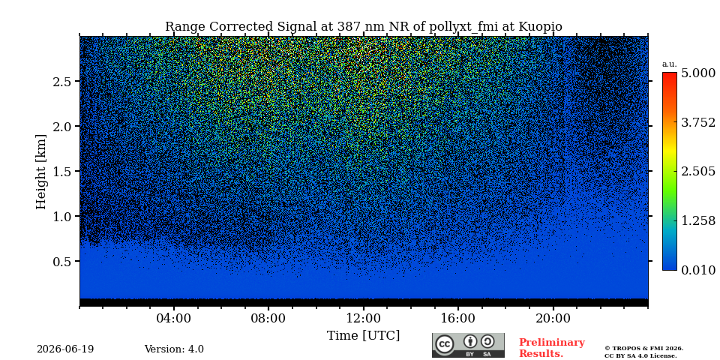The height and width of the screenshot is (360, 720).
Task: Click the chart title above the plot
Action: (363, 27)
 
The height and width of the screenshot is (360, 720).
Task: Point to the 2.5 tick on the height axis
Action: (62, 81)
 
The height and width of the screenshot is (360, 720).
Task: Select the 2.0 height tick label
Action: (62, 126)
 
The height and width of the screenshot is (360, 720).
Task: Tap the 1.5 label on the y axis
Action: (62, 171)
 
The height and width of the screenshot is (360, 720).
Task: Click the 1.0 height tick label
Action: (62, 216)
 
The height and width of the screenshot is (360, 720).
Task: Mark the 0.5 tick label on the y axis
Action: (62, 261)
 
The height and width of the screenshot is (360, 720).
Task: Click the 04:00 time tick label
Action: (174, 318)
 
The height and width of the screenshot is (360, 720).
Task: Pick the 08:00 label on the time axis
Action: (268, 318)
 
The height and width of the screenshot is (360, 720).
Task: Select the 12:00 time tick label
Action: (364, 318)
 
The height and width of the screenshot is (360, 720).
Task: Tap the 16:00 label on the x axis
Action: (458, 318)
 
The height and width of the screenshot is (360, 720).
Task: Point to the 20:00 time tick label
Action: (553, 318)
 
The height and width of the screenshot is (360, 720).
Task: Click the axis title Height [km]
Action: (41, 172)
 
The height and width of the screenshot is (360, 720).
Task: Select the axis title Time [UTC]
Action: (363, 336)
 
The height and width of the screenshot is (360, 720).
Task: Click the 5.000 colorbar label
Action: (698, 73)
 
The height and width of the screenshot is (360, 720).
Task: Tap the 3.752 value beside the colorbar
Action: (698, 122)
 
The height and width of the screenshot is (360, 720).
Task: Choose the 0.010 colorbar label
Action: (698, 270)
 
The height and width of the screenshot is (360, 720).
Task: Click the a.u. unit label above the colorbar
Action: (670, 64)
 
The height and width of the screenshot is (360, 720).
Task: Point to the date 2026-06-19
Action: (65, 349)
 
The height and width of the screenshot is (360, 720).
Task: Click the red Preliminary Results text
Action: (552, 348)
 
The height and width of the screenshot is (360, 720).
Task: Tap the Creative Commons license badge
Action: (468, 345)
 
